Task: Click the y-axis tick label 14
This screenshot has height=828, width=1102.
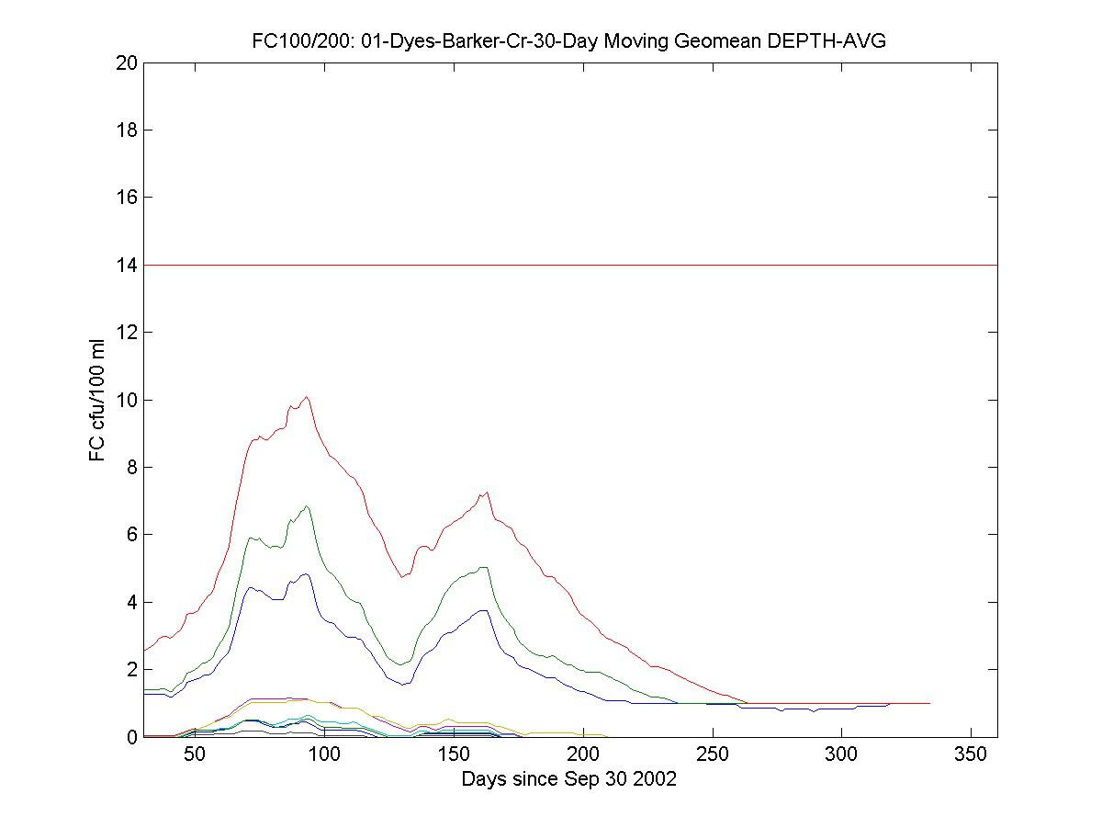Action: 127,265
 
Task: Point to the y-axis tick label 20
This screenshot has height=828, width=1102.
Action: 127,62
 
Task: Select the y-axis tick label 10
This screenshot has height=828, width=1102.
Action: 127,400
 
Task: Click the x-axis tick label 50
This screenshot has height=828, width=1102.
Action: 195,755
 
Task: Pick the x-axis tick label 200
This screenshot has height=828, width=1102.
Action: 583,755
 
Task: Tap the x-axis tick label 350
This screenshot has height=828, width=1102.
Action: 972,755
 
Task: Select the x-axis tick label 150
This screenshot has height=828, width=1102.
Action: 454,755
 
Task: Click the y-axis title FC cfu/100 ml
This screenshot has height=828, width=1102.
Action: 97,400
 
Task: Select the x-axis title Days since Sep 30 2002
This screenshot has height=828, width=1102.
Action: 569,779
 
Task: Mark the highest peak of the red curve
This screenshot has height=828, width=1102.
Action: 307,397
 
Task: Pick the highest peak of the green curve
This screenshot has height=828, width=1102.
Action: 307,505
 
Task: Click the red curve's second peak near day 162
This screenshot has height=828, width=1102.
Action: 487,492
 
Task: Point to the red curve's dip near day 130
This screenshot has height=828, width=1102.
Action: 401,576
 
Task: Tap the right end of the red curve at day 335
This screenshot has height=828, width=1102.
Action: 930,703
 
